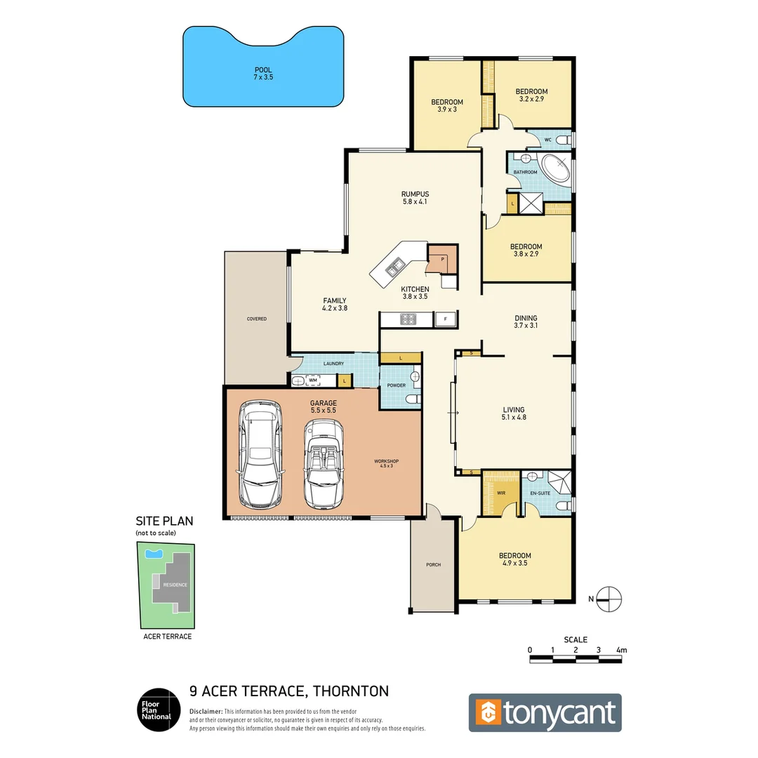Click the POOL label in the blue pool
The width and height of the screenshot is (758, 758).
pos(263,70)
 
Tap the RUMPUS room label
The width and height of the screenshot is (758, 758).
pos(415,194)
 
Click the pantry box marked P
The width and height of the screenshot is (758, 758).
pos(443,259)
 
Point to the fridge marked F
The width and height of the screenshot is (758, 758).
pos(444,319)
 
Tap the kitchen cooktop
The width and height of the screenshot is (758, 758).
pos(408,319)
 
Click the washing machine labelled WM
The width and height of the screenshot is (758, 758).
pos(314,380)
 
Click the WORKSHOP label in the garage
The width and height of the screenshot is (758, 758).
pos(387,461)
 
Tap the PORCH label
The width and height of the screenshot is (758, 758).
pos(433,564)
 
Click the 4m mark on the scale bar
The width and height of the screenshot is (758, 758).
pos(620,651)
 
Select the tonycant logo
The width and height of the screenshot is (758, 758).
pos(545,712)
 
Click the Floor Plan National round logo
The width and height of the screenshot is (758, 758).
pos(155,709)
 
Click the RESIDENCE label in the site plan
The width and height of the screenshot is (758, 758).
pos(175,584)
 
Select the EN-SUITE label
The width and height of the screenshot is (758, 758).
pos(540,494)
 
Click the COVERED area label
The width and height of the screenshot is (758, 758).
pos(256,319)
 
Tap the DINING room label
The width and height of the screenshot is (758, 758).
pos(525,317)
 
